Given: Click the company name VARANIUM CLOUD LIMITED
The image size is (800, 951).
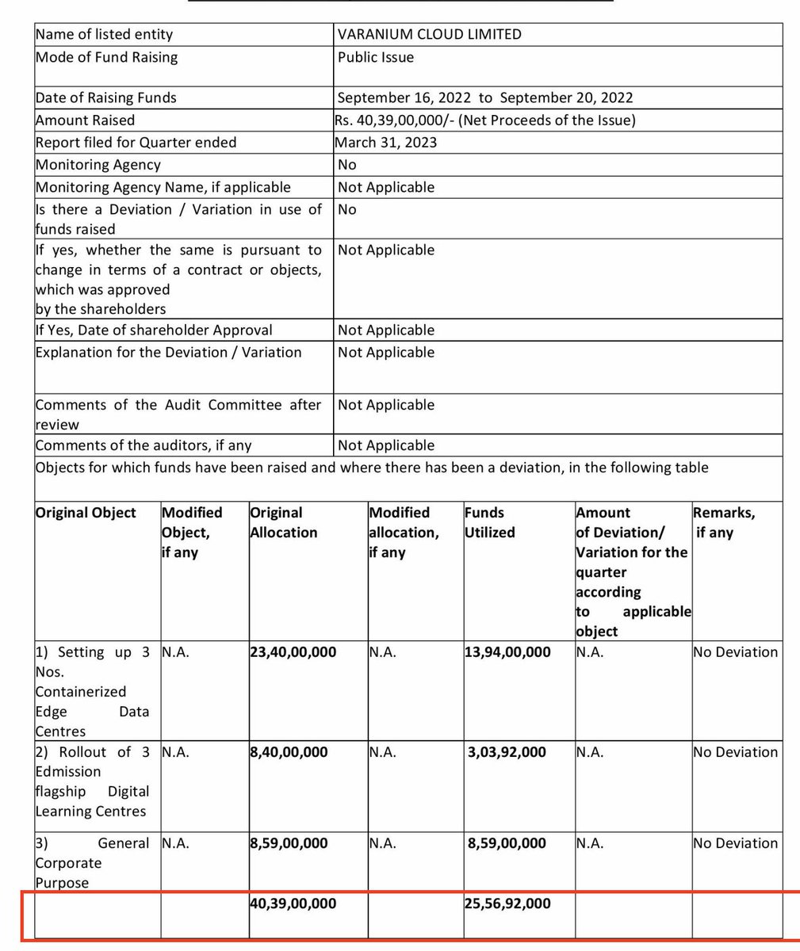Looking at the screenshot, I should tap(429, 34).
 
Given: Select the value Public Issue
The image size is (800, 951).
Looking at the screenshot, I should tap(375, 57).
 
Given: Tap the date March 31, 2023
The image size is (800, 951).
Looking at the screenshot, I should tap(385, 143).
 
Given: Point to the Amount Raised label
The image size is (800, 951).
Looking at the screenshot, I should tap(85, 120).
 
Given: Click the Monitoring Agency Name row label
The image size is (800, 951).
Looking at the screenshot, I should tap(163, 187).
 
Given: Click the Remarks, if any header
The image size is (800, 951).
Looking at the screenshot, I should tap(725, 523).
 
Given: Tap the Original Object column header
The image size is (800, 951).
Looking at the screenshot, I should tap(86, 513).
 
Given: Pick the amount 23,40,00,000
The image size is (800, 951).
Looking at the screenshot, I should tap(293, 652).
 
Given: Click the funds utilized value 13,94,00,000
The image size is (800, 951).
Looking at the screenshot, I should tap(507, 652).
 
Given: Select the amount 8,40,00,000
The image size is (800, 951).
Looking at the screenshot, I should tap(289, 752).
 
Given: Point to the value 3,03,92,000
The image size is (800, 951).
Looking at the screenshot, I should tap(507, 752).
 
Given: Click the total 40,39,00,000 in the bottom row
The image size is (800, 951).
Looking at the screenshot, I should tap(293, 903).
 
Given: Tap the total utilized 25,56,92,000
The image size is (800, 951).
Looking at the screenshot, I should tap(507, 903).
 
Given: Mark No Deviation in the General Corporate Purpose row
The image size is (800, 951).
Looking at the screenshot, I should tap(735, 843).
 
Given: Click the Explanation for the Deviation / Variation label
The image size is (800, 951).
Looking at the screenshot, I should tap(168, 352).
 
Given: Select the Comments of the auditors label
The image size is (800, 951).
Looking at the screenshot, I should tap(143, 445).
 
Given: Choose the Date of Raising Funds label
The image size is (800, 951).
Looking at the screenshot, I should tap(105, 97).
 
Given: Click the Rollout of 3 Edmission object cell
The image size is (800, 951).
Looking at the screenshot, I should tap(92, 781).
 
